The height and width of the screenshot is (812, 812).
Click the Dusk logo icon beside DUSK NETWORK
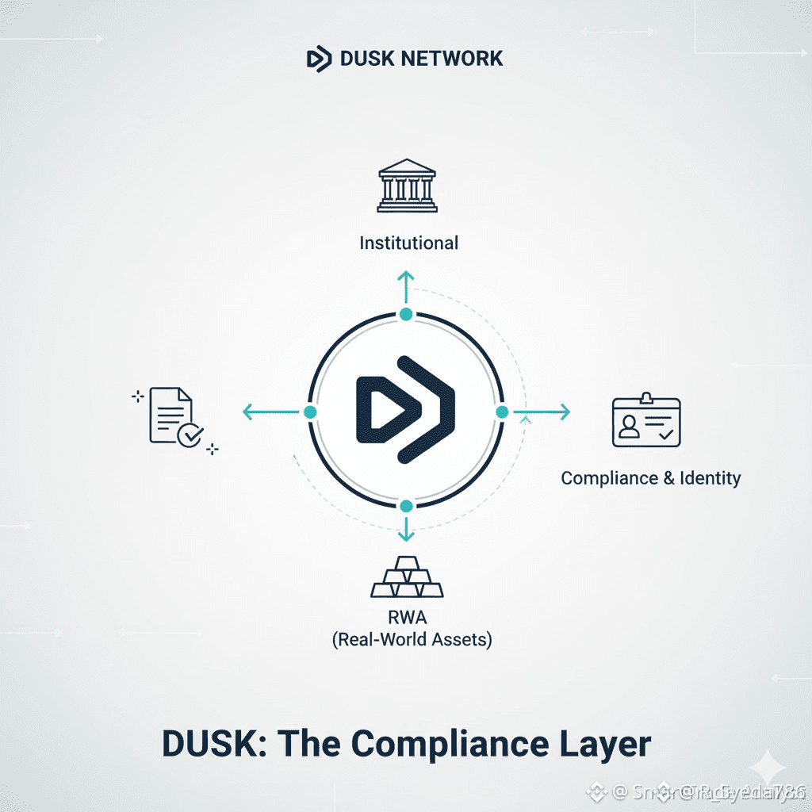tap(319, 59)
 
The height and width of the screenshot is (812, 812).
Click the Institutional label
tap(408, 243)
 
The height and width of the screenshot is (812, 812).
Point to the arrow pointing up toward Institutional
tap(406, 285)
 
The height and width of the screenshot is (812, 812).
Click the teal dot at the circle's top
tap(406, 315)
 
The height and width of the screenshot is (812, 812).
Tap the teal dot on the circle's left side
tap(310, 412)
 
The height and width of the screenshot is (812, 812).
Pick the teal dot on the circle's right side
tap(502, 412)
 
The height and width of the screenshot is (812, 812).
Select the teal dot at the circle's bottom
tap(406, 506)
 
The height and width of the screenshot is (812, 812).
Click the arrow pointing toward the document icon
tap(268, 412)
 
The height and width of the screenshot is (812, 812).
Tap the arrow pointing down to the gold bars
tap(406, 528)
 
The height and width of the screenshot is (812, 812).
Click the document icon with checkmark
tap(175, 416)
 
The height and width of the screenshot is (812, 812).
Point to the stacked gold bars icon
tap(407, 576)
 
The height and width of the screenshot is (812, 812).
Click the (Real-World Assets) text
tap(412, 640)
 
